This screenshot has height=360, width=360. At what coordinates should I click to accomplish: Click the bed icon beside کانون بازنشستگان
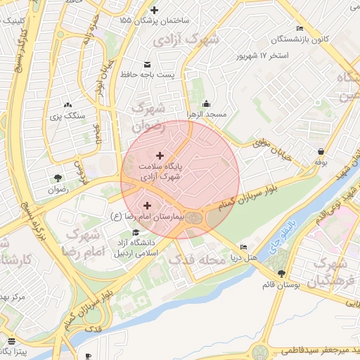pos(300,29)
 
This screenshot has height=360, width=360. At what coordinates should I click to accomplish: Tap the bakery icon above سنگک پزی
pos(67,104)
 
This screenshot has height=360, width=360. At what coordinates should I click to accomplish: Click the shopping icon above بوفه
pos(321,151)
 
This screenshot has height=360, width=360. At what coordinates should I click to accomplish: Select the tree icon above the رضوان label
pos(57,178)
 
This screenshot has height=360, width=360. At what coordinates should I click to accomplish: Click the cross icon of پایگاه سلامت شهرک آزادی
pos(160,155)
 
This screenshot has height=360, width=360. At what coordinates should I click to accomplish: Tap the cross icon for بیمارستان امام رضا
pos(146,206)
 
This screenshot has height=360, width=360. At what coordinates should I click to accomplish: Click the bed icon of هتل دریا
pos(243,247)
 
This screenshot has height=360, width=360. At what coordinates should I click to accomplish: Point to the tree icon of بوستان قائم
pos(282,274)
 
